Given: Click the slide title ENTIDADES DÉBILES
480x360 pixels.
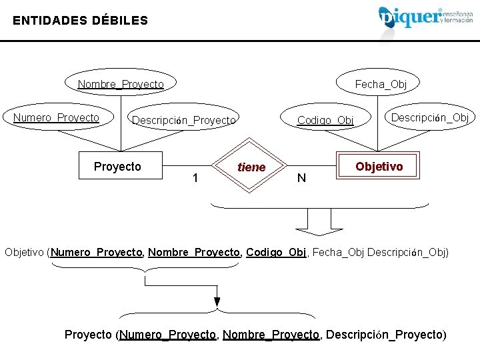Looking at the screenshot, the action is [80, 21].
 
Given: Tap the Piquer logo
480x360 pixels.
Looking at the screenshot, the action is [427, 16].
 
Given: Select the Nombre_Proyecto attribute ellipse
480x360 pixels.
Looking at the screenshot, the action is [121, 84].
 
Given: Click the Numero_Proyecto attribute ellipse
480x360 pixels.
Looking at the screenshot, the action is [57, 118].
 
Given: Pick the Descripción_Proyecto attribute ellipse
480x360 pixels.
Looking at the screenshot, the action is [183, 120].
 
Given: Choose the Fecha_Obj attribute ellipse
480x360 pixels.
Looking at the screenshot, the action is [380, 84].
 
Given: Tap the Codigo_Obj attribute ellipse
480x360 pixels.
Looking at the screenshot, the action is [325, 120].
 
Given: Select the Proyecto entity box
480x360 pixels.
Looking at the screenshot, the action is [117, 166].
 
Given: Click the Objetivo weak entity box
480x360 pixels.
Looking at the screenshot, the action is [379, 166].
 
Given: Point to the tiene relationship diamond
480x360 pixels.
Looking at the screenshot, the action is [251, 167].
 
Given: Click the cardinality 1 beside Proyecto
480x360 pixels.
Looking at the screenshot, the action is [194, 177].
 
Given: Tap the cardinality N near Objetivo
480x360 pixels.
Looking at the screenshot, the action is [301, 177].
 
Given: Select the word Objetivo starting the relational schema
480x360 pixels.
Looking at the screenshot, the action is [25, 253].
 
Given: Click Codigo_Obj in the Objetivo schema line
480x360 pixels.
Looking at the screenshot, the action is [276, 253].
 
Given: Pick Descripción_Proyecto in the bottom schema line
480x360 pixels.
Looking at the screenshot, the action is [385, 334].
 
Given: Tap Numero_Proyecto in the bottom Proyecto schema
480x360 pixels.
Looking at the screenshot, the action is [167, 334].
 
